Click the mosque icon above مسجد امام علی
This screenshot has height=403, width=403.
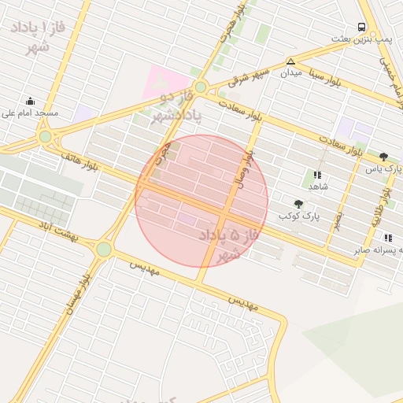click(x=30, y=101)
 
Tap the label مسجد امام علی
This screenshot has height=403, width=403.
click(x=32, y=113)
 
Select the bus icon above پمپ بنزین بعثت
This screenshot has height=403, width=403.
click(x=361, y=26)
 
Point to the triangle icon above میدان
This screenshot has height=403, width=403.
click(x=291, y=61)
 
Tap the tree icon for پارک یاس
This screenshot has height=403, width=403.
click(x=383, y=157)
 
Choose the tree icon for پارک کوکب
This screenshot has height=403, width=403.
click(x=298, y=204)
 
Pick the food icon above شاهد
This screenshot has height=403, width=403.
click(x=317, y=175)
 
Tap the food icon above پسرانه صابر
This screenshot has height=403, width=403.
click(x=388, y=238)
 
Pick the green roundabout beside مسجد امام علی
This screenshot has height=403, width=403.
click(x=46, y=136)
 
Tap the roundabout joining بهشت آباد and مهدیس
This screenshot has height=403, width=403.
click(x=104, y=249)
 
